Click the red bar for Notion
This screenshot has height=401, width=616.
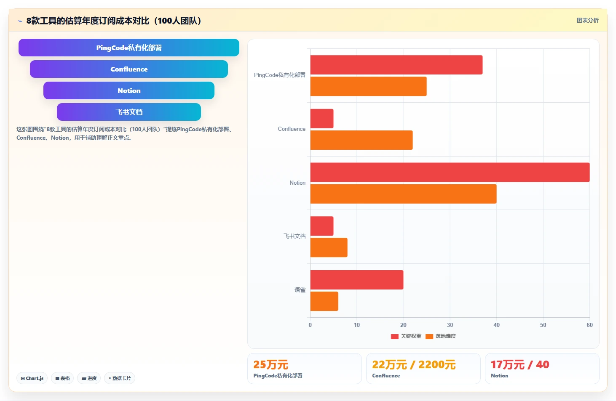(450, 172)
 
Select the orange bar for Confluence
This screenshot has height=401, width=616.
(362, 140)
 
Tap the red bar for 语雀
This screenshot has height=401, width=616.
(357, 279)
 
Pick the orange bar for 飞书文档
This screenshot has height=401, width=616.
(329, 247)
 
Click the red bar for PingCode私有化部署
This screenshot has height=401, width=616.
(396, 65)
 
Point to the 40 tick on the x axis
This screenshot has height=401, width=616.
(496, 325)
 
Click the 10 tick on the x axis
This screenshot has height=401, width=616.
(357, 325)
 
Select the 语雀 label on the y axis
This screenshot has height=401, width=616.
(300, 290)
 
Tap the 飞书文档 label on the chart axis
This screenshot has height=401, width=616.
(294, 236)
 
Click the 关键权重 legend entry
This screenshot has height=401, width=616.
(406, 336)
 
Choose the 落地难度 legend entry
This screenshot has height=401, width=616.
(441, 336)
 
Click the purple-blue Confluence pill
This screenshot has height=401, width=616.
(129, 69)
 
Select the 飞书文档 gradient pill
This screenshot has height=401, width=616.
(129, 112)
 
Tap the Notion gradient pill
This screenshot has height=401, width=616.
(129, 90)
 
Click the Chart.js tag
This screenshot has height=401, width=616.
(32, 378)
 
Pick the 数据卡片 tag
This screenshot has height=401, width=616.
(119, 378)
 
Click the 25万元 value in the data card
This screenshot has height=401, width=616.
(271, 365)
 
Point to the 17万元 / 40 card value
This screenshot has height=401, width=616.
(520, 365)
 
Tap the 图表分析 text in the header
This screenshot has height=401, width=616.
(587, 20)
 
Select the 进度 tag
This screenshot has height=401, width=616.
(89, 378)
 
